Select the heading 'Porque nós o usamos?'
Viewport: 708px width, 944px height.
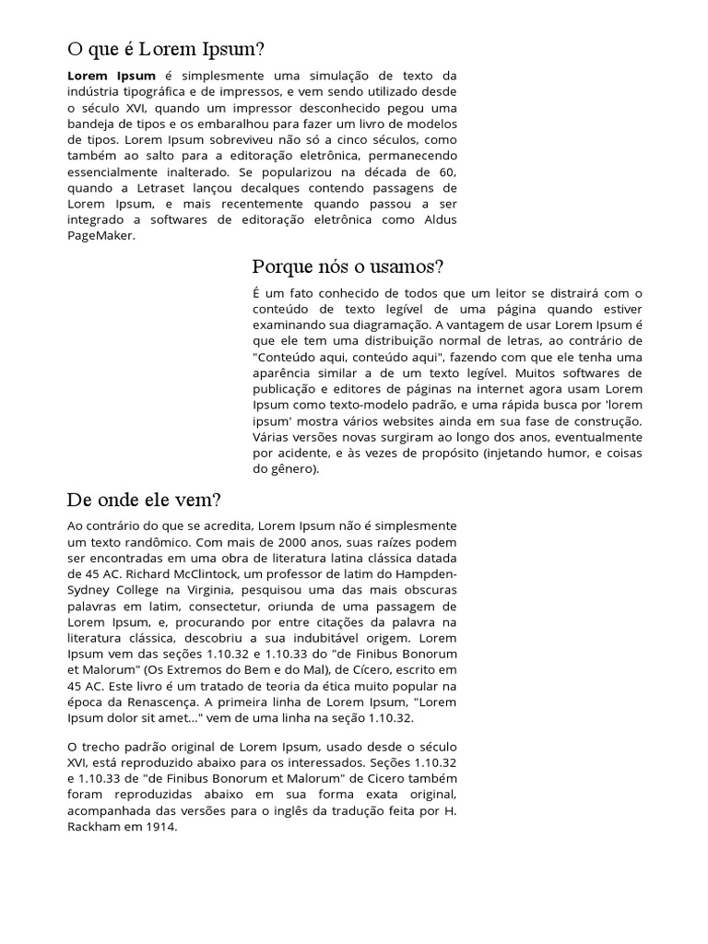click(348, 267)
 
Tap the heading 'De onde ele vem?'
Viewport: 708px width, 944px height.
click(144, 501)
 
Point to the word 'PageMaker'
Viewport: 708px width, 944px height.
click(100, 236)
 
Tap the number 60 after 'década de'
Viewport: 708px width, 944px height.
click(446, 172)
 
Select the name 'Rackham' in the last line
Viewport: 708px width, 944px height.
click(97, 827)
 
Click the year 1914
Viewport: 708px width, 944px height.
click(159, 827)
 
